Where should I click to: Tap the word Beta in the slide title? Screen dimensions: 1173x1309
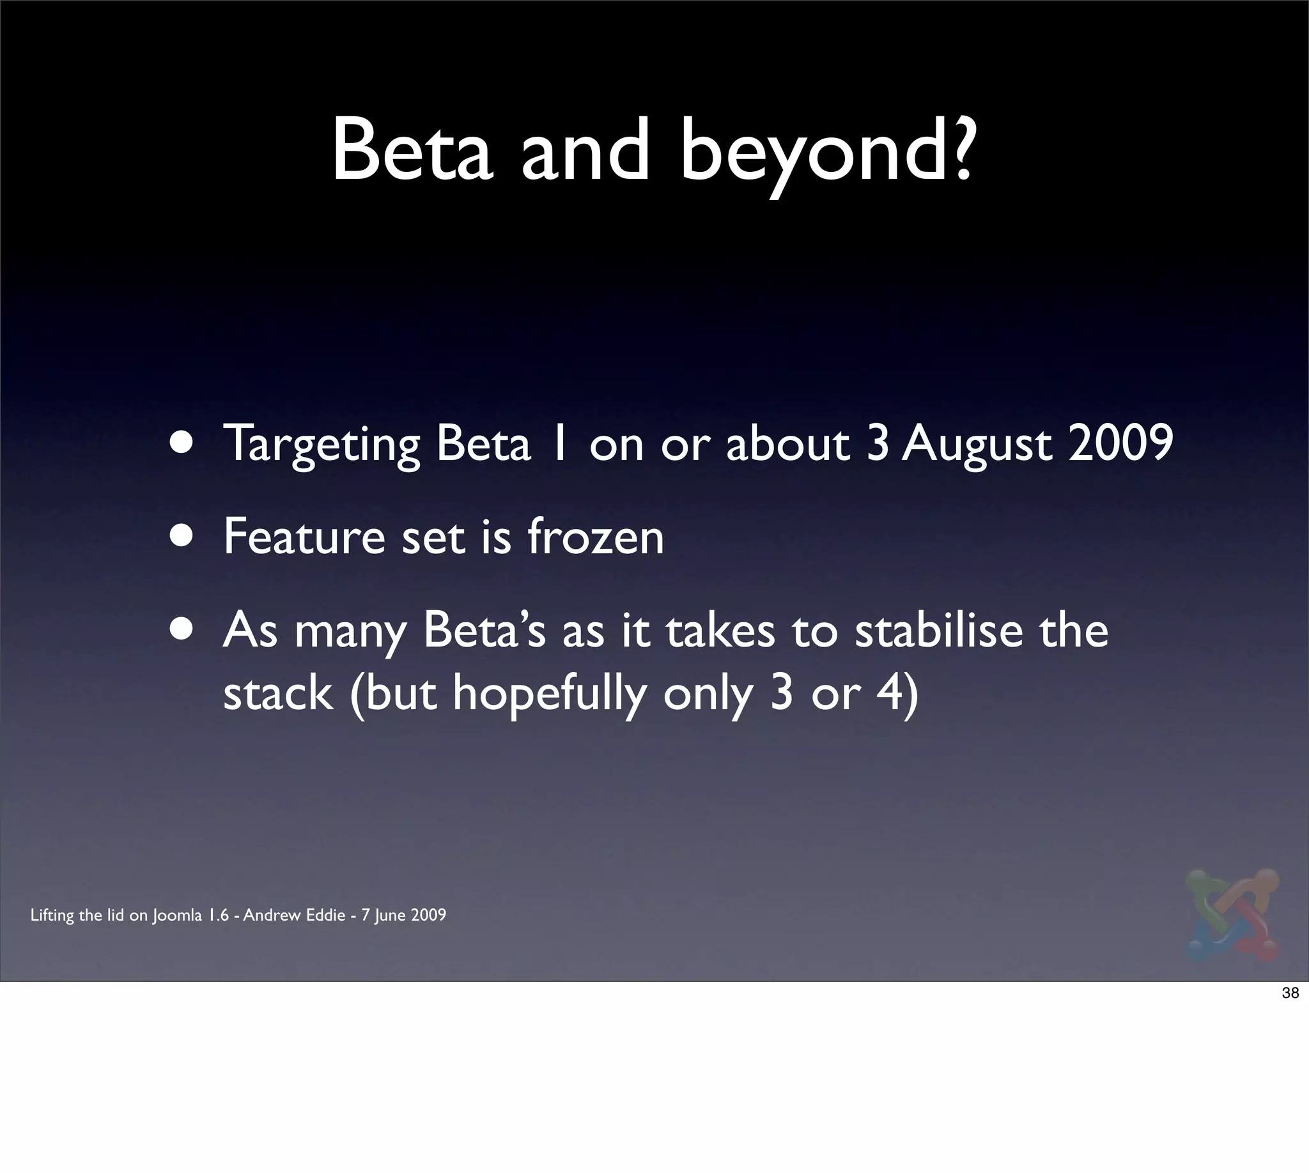tap(413, 149)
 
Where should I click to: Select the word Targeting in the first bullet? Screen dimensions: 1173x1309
tap(321, 445)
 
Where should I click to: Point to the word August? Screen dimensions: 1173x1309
tap(977, 445)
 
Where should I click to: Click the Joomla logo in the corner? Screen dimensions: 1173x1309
tap(1232, 915)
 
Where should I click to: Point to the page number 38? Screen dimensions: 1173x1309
tap(1290, 993)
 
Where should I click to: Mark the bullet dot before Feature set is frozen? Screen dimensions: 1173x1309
tap(183, 536)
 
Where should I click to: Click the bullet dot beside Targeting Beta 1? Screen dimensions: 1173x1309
tap(183, 443)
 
